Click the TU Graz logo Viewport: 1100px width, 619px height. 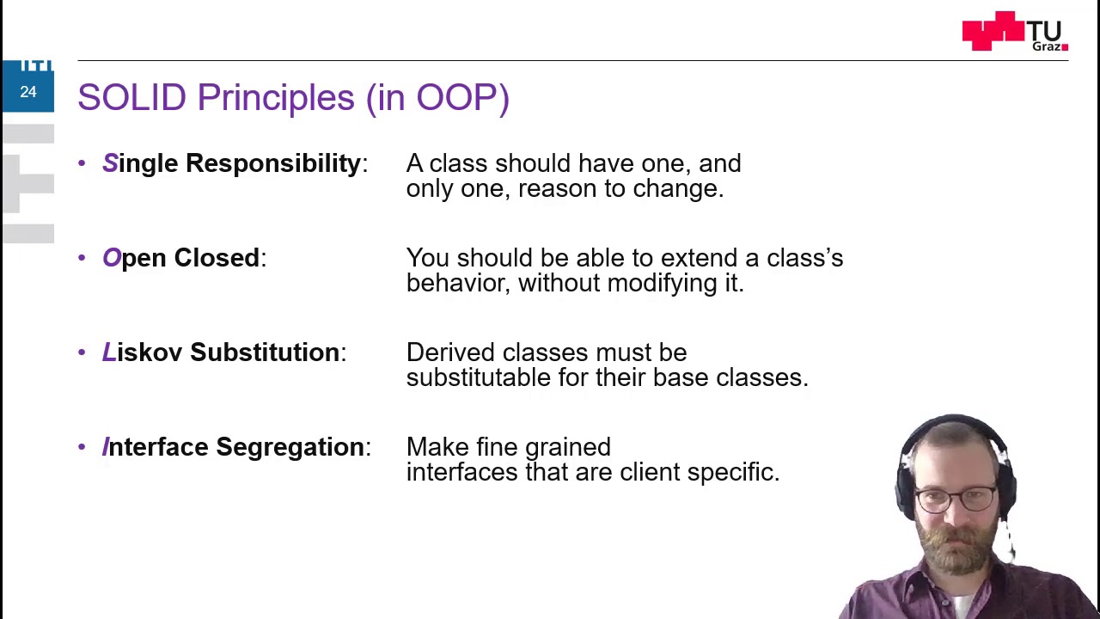1015,32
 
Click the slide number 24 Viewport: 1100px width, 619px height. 28,92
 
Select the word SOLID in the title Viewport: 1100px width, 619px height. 131,97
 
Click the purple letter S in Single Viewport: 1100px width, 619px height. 110,163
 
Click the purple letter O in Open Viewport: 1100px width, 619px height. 112,258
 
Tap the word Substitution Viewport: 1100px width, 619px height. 265,352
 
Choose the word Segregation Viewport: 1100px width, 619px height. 290,447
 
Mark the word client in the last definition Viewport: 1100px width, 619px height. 650,472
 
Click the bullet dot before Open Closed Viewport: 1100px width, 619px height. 82,258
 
